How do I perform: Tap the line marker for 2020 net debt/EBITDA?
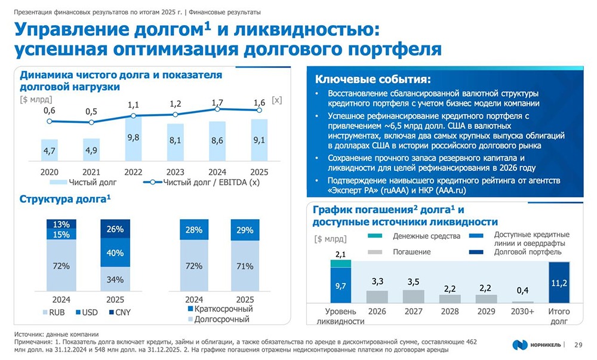click(x=50, y=121)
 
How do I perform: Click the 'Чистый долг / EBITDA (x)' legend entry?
click(x=203, y=182)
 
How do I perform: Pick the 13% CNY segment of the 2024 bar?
click(x=61, y=224)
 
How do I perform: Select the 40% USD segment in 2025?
click(x=115, y=253)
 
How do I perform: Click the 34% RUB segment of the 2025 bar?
click(x=115, y=279)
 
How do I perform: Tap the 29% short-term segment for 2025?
click(x=245, y=230)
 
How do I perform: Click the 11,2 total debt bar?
click(x=558, y=282)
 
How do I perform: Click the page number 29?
click(x=578, y=344)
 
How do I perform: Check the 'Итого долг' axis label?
click(x=559, y=316)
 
